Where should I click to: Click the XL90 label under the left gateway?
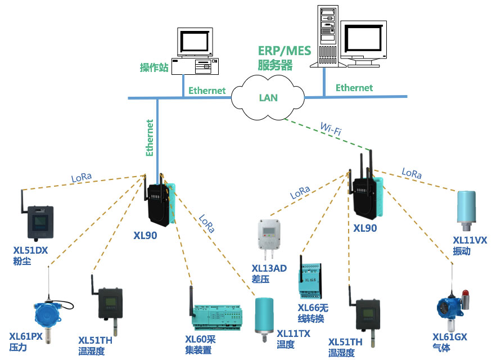[145, 236]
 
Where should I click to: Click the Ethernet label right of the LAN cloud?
[354, 88]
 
